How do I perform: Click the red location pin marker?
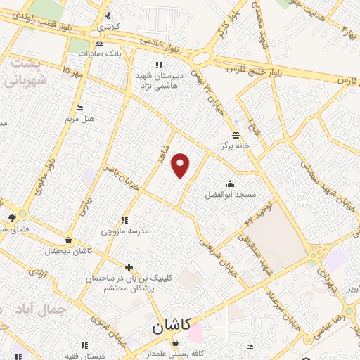pyautogui.click(x=181, y=165)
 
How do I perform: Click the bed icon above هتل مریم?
pyautogui.click(x=79, y=108)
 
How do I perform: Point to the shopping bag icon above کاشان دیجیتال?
pyautogui.click(x=68, y=240)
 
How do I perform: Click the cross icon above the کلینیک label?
pyautogui.click(x=129, y=267)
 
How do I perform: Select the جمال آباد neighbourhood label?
pyautogui.click(x=43, y=309)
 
